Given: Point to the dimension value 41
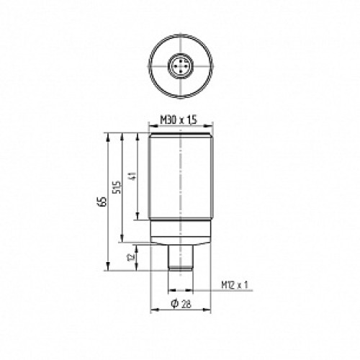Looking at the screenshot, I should tap(132, 176).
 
